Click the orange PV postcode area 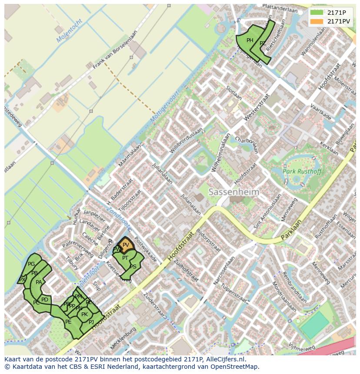pos(126,245)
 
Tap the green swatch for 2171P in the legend pos(317,13)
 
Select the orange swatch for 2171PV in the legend pos(317,21)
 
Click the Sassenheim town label pos(234,192)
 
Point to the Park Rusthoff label pos(302,171)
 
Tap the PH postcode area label pos(250,40)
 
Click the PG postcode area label pos(31,264)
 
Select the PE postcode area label pos(68,322)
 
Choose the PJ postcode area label pos(91,322)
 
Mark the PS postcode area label pos(133,267)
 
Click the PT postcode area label pos(125,258)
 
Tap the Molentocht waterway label pos(69,31)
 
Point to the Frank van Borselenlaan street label pos(115,48)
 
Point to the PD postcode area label pos(45,300)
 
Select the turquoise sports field pos(314,325)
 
